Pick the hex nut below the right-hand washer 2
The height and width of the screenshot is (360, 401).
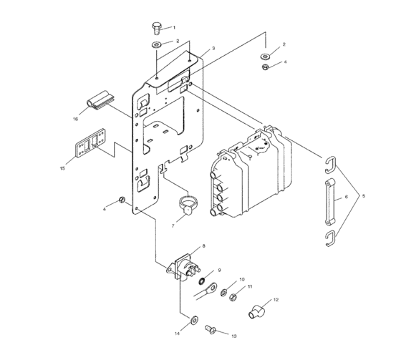(266, 67)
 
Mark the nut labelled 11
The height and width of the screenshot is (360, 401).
(233, 298)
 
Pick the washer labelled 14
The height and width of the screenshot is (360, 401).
(194, 318)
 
